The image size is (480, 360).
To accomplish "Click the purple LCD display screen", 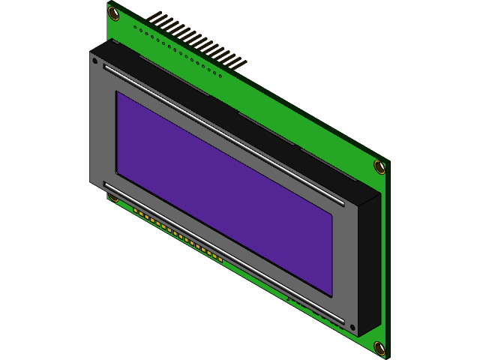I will [x=223, y=191].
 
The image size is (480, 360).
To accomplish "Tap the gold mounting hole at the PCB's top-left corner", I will [x=114, y=14].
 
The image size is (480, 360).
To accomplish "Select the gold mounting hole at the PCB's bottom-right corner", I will [x=379, y=347].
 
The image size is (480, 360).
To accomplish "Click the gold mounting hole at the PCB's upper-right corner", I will [x=379, y=166].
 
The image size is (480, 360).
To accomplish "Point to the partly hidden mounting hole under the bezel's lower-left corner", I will [x=113, y=198].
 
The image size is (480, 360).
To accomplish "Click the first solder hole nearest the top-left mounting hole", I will [x=135, y=27].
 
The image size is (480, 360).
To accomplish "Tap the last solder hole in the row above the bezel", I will [x=220, y=74].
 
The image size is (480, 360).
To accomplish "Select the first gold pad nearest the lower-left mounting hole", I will [x=136, y=211].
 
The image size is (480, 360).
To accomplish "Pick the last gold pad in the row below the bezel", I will [x=220, y=259].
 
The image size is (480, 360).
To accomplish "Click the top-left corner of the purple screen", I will [x=117, y=93].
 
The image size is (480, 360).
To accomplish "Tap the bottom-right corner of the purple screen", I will [x=331, y=293].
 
